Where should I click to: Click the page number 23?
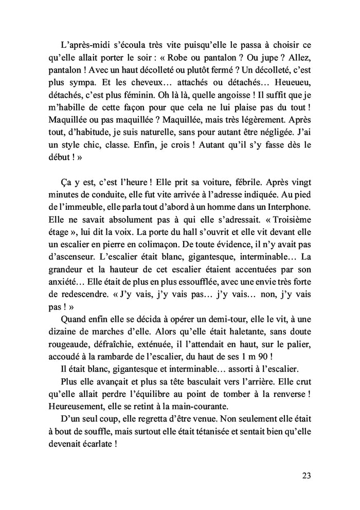[306, 475]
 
